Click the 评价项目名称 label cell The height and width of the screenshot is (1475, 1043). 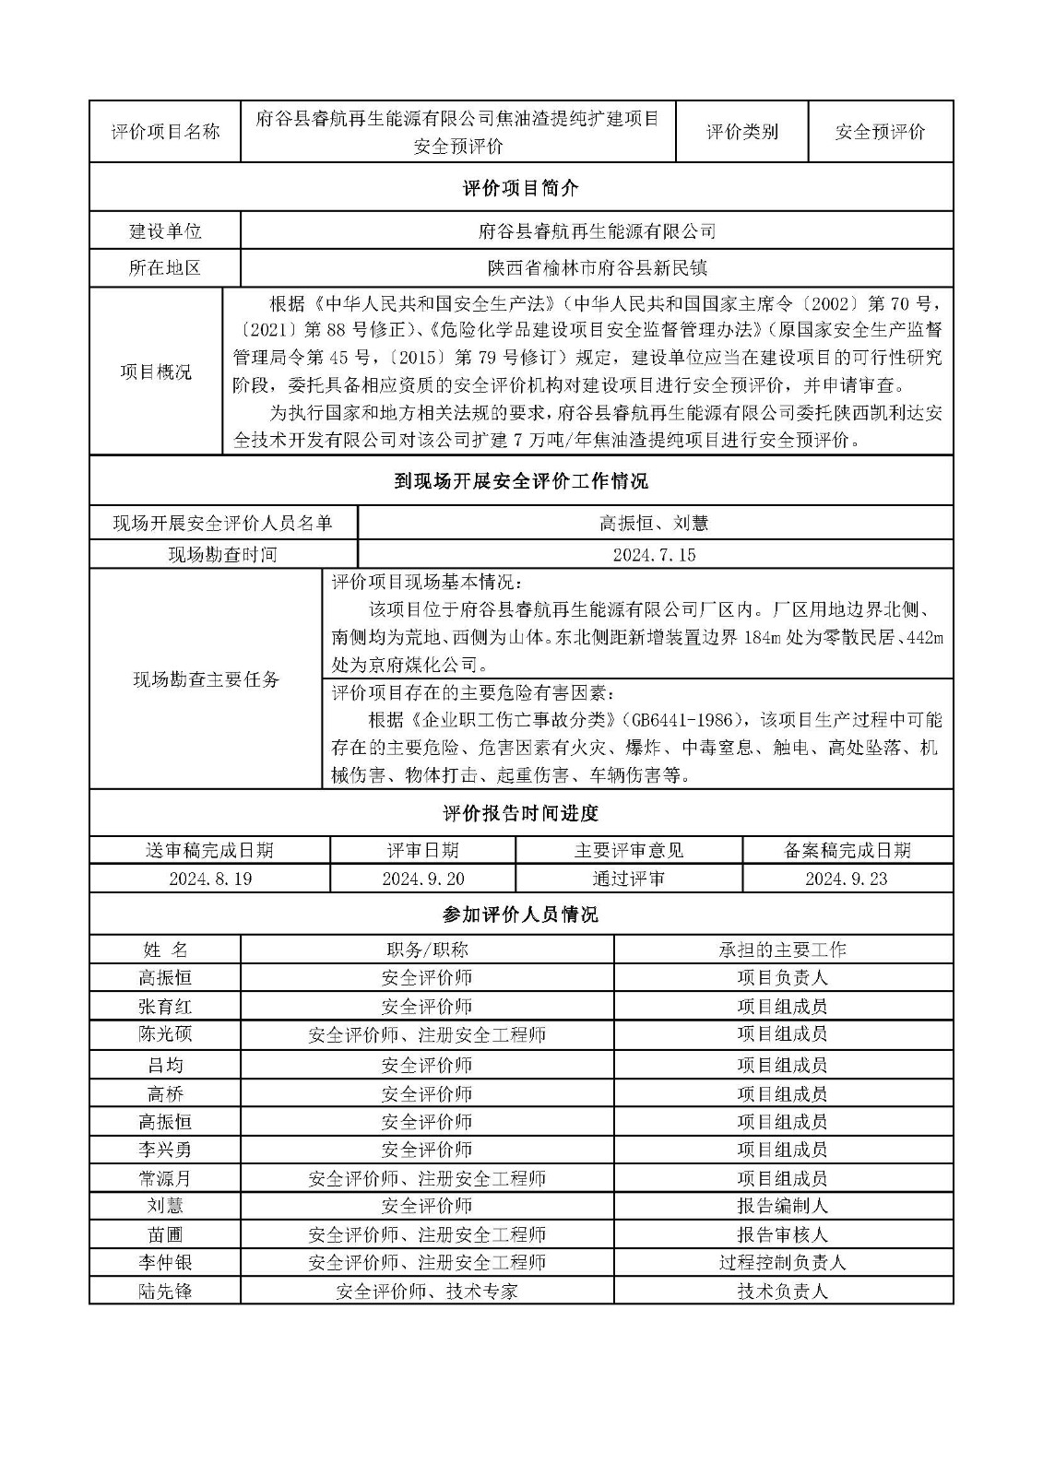pyautogui.click(x=165, y=132)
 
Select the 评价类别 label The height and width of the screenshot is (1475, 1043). pyautogui.click(x=741, y=132)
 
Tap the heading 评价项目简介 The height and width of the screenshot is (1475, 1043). pyautogui.click(x=521, y=188)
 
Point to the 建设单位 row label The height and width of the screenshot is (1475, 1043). pyautogui.click(x=165, y=230)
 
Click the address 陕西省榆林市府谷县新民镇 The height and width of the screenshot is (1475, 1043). pyautogui.click(x=597, y=268)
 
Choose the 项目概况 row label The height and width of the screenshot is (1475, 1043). pyautogui.click(x=156, y=372)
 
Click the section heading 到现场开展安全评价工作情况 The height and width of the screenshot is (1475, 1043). pyautogui.click(x=521, y=480)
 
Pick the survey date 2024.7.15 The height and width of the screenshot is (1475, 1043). pyautogui.click(x=654, y=554)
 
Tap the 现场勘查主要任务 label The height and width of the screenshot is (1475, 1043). pyautogui.click(x=206, y=679)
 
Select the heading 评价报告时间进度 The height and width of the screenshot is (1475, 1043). pyautogui.click(x=521, y=813)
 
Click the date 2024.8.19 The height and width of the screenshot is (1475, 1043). pyautogui.click(x=210, y=879)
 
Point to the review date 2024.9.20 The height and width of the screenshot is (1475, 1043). pyautogui.click(x=423, y=879)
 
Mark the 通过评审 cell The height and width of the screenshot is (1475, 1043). pyautogui.click(x=628, y=879)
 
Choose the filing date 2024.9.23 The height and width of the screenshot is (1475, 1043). pyautogui.click(x=846, y=879)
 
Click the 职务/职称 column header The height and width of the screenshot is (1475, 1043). pyautogui.click(x=427, y=950)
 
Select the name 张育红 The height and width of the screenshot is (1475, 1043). pyautogui.click(x=165, y=1007)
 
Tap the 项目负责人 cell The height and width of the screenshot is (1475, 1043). pyautogui.click(x=782, y=977)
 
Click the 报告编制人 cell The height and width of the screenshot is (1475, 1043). pyautogui.click(x=782, y=1206)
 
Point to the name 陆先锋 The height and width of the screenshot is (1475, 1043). pyautogui.click(x=165, y=1292)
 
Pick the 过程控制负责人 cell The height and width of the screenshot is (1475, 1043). pyautogui.click(x=782, y=1262)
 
